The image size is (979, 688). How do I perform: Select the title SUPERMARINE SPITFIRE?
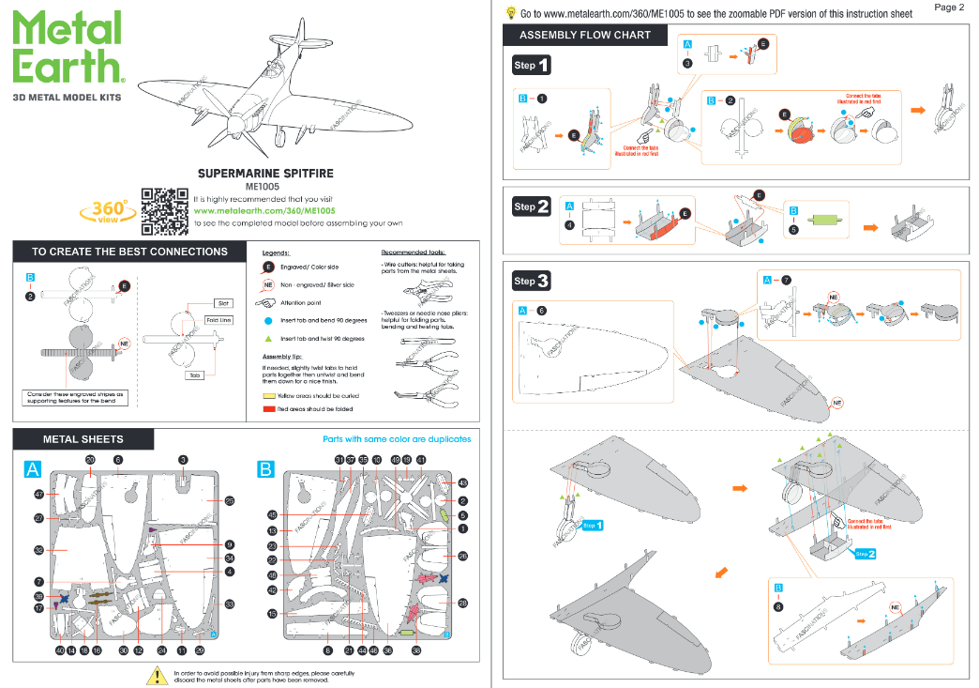point(265,174)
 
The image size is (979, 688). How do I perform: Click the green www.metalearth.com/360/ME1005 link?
point(264,211)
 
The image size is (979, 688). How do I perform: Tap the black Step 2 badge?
point(532,206)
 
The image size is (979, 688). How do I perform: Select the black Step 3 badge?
point(532,281)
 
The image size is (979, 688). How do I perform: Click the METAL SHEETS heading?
point(83,438)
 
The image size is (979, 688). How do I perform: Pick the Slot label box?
point(223,303)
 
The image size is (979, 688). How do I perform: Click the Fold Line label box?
point(218,320)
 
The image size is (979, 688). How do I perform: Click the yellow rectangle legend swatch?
point(268,396)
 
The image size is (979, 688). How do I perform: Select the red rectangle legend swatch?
point(268,410)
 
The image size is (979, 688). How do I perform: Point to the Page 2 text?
point(949,8)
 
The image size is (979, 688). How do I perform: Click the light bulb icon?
point(511,13)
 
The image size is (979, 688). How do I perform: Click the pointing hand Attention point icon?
point(267,303)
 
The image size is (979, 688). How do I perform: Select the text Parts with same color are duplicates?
point(397,439)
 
